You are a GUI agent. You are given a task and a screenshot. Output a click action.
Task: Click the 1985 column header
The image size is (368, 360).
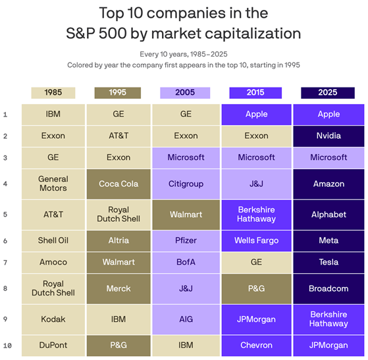[53, 93]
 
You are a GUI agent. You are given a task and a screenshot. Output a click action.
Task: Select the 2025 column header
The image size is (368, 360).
[328, 93]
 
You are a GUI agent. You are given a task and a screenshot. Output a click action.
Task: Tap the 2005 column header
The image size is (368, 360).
[185, 93]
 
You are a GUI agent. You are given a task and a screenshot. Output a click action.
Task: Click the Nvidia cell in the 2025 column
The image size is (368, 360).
[329, 136]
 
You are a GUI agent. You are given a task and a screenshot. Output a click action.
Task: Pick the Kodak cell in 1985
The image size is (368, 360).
[53, 319]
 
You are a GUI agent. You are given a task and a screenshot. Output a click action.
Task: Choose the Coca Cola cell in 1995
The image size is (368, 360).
[118, 184]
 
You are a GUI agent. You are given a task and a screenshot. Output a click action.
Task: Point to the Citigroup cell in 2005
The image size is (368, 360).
[186, 184]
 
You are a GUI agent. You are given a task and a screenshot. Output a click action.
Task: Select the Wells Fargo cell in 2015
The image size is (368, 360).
[256, 241]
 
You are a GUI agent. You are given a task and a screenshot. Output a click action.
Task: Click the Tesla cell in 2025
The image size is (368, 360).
[329, 262]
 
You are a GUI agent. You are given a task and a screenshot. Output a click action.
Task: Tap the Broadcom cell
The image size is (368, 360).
[329, 288]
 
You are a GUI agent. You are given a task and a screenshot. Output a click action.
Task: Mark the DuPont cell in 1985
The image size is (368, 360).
[53, 346]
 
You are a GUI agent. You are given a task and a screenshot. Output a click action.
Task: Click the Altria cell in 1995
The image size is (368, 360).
[118, 241]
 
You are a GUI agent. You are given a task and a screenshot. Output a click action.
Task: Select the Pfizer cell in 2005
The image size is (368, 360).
[186, 241]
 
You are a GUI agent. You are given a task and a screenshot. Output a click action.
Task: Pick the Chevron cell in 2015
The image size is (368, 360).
[256, 346]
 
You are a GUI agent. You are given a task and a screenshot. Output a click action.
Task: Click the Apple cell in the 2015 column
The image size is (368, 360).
[256, 114]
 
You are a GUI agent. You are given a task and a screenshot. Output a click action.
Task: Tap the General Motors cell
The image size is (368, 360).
[53, 184]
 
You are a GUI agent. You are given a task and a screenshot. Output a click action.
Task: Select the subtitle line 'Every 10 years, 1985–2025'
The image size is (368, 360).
[184, 54]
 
